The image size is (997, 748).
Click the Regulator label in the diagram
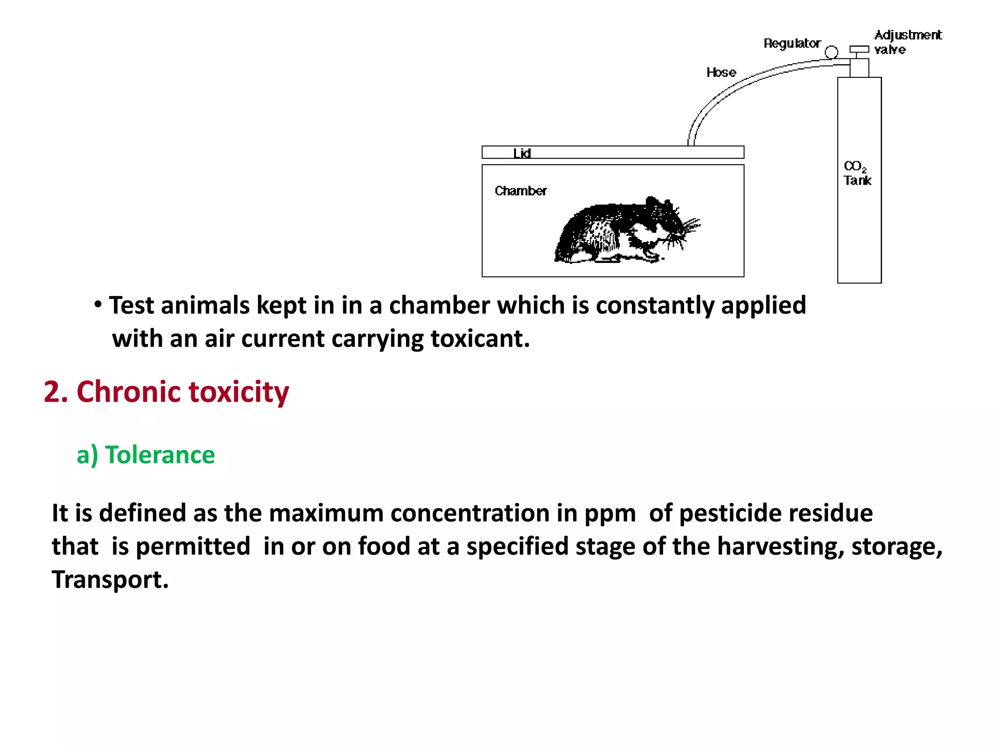[792, 44]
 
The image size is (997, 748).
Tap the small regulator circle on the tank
[831, 52]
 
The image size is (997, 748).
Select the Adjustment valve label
[907, 42]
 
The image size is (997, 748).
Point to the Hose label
[721, 73]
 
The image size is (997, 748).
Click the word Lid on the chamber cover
[522, 153]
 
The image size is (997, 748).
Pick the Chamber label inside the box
[520, 191]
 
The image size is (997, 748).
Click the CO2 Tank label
[857, 173]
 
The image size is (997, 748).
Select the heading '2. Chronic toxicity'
[166, 392]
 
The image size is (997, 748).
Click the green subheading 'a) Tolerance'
[146, 455]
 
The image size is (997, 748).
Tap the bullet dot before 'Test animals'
[98, 305]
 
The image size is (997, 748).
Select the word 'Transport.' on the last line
[110, 580]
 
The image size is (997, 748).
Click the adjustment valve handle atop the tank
[859, 49]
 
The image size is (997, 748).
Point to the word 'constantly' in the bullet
[655, 306]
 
